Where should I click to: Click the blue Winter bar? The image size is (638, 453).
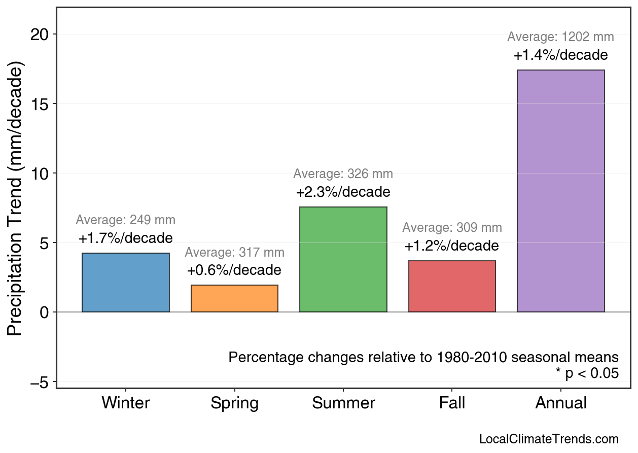pyautogui.click(x=125, y=283)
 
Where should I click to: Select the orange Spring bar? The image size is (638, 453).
pyautogui.click(x=234, y=299)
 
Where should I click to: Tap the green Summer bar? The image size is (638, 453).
pyautogui.click(x=343, y=259)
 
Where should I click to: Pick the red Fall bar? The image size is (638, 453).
pyautogui.click(x=452, y=286)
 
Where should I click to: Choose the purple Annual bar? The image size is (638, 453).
pyautogui.click(x=560, y=191)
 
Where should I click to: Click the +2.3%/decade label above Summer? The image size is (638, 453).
pyautogui.click(x=343, y=193)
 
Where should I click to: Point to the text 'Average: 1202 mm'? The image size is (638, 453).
pyautogui.click(x=560, y=37)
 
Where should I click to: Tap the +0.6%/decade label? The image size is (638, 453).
pyautogui.click(x=234, y=270)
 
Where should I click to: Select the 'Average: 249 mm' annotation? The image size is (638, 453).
pyautogui.click(x=125, y=220)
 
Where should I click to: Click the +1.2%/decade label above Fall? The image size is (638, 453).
pyautogui.click(x=452, y=246)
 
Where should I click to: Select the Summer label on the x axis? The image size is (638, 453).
pyautogui.click(x=343, y=403)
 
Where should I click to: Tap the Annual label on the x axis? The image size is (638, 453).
pyautogui.click(x=560, y=403)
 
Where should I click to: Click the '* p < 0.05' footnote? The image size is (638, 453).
pyautogui.click(x=587, y=373)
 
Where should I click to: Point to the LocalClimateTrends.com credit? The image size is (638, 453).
pyautogui.click(x=549, y=439)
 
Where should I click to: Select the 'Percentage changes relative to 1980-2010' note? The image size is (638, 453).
pyautogui.click(x=423, y=357)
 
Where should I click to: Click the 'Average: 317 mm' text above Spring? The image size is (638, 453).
pyautogui.click(x=234, y=253)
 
